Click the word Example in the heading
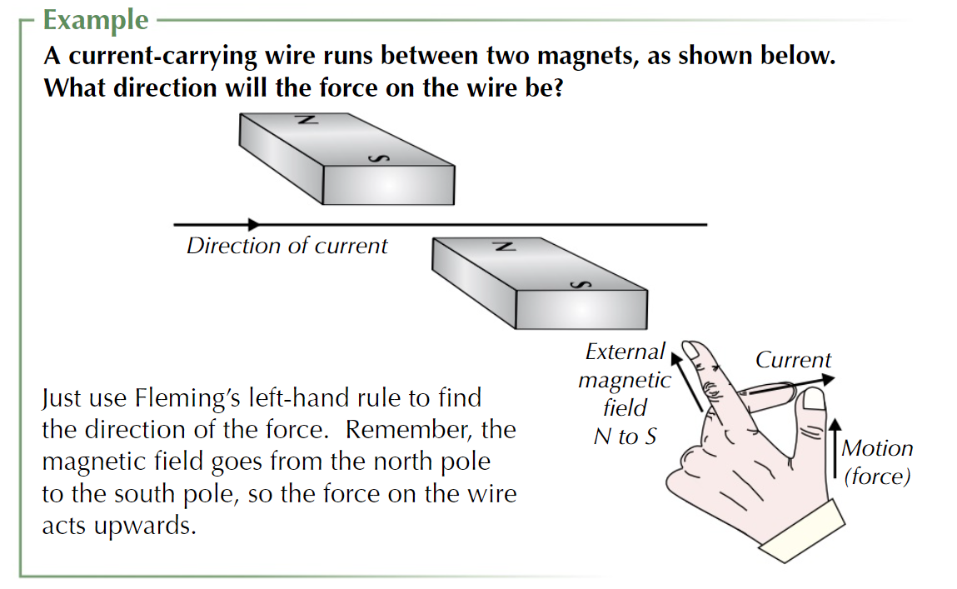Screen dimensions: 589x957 pos(96,19)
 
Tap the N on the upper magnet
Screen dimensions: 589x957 pos(305,120)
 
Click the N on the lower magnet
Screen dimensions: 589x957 pos(501,247)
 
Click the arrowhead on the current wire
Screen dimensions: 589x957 pos(254,224)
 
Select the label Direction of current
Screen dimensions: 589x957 pos(287,247)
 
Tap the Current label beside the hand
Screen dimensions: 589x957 pos(793,361)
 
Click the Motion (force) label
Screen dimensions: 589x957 pos(876,462)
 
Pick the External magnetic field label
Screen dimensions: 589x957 pos(625,380)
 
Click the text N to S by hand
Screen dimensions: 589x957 pos(625,437)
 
